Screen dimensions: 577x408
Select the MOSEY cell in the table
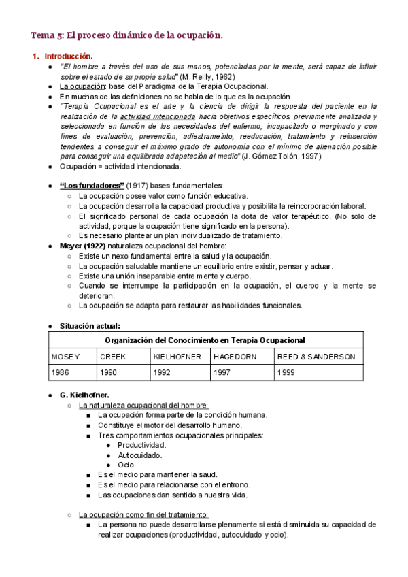(66, 357)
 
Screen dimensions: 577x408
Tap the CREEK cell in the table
(113, 357)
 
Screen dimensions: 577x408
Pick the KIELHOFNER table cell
(175, 357)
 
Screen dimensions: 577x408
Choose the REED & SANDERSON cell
(316, 357)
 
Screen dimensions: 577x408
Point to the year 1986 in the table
(61, 373)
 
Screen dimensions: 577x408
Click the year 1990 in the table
(109, 373)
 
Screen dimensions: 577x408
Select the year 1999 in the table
(286, 373)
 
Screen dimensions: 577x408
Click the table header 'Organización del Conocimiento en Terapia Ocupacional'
(205, 340)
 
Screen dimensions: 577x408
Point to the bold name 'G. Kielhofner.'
(84, 395)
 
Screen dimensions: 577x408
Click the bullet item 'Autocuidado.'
(139, 455)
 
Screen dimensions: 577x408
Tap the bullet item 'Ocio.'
(127, 465)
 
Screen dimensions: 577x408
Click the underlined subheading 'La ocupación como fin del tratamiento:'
(143, 514)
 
